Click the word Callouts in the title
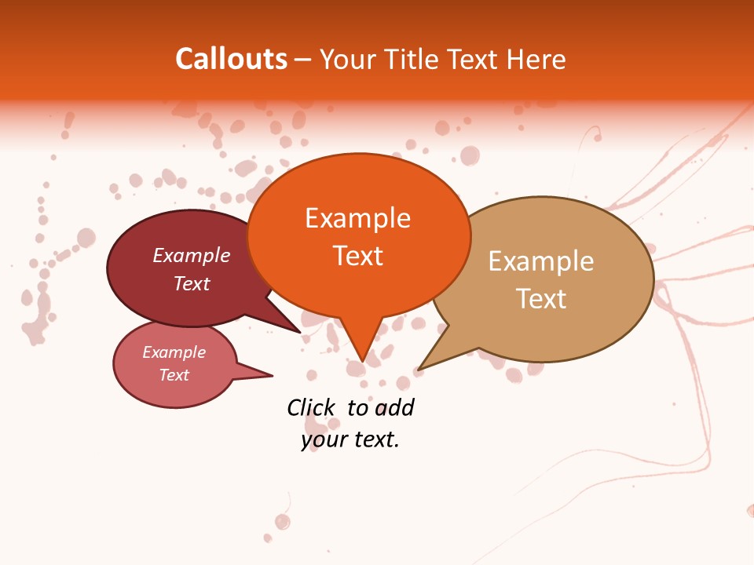pos(231,59)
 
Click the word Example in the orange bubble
pos(357,217)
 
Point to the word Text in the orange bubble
pos(357,255)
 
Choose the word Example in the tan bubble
pos(540,261)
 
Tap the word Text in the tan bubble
pos(541,298)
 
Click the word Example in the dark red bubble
pos(192,255)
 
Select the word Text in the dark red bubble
pos(192,283)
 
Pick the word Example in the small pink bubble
pos(174,352)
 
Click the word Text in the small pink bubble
pos(174,375)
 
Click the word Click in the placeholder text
pos(311,407)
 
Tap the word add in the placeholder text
pos(393,407)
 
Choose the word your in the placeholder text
pos(323,439)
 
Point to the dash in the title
pos(304,60)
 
